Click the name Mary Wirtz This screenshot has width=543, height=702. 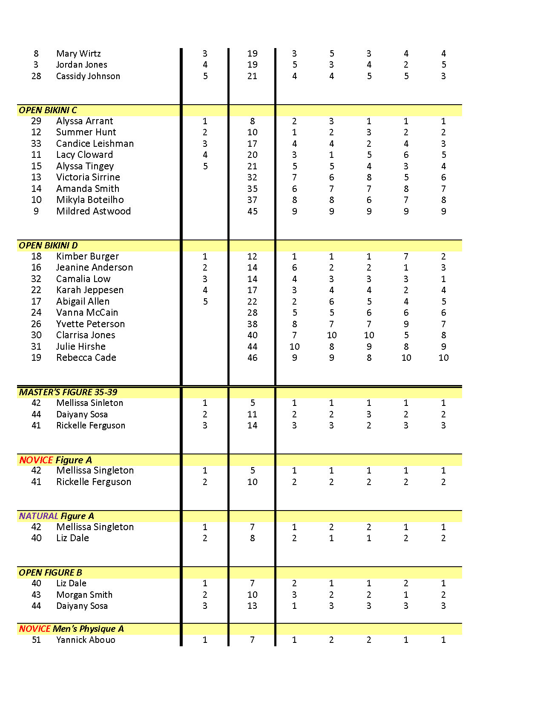click(78, 54)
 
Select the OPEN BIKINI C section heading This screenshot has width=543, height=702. click(48, 110)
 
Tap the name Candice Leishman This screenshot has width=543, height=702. click(95, 144)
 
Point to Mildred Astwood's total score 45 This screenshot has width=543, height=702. click(252, 211)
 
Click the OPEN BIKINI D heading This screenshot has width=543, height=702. click(48, 245)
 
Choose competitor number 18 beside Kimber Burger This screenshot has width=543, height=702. click(36, 257)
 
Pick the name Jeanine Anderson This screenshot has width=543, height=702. click(95, 268)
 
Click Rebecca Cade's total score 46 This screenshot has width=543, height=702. click(252, 358)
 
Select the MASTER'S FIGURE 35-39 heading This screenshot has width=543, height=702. click(68, 392)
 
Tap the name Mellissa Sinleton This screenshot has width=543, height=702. click(89, 403)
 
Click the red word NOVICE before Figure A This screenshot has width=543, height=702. click(36, 460)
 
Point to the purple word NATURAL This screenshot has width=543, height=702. click(38, 516)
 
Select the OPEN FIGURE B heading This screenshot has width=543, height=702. click(50, 573)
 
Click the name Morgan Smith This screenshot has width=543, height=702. click(84, 595)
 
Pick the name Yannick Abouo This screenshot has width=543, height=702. click(86, 640)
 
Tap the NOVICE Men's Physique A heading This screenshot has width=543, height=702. click(71, 629)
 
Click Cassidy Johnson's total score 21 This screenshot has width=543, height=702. click(252, 76)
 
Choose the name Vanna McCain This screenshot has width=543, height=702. click(87, 313)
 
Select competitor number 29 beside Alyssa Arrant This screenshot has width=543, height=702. click(36, 121)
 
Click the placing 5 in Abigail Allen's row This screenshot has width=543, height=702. click(205, 302)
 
